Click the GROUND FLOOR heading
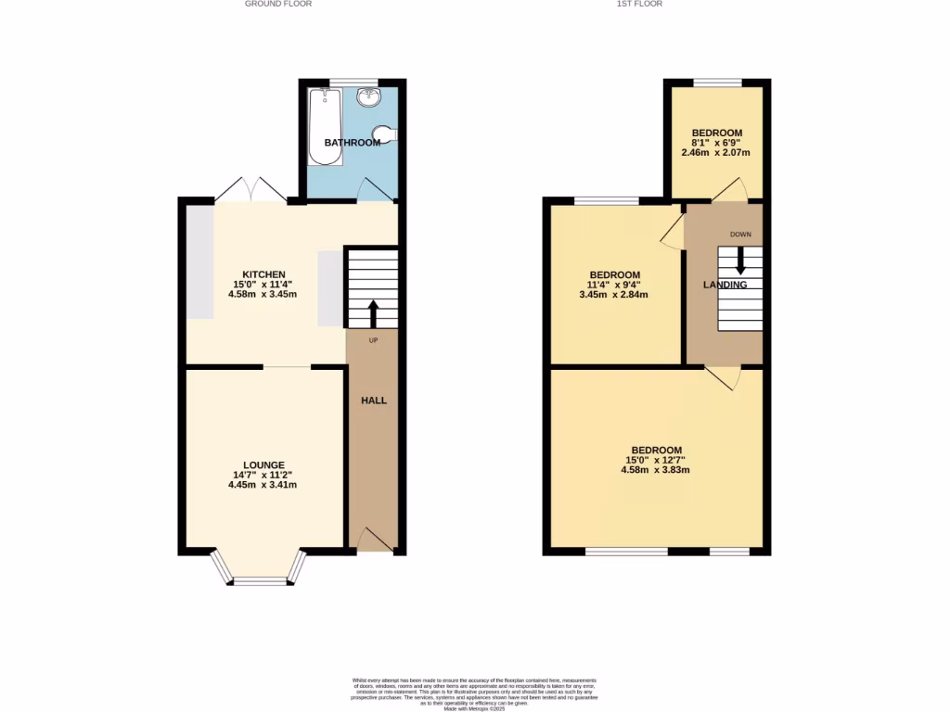(277, 4)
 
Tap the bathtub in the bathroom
(326, 126)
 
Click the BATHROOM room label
(352, 143)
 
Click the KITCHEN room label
(263, 274)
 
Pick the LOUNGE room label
(263, 464)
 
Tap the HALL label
(373, 400)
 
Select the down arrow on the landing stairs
(739, 260)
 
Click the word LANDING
(725, 285)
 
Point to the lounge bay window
(260, 578)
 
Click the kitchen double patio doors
(250, 189)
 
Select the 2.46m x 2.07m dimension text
(715, 153)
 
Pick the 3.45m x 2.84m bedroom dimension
(614, 295)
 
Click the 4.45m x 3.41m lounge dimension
(263, 484)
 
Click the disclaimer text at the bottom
(474, 693)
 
